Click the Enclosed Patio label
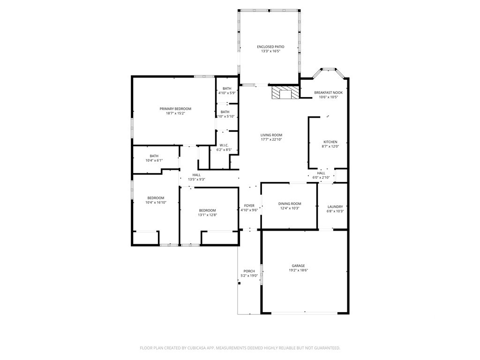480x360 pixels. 270,47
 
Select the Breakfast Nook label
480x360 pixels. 328,92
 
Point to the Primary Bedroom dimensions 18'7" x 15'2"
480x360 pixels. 175,113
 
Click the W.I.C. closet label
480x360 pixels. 224,145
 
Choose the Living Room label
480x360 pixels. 271,135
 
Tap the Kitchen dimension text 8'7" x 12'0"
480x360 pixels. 330,146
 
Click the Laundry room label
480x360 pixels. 335,207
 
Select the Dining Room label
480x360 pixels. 290,203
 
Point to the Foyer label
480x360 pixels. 249,206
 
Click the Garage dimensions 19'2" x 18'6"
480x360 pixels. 298,270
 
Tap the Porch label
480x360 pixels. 249,271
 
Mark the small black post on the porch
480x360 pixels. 240,283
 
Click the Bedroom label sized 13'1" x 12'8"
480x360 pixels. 207,210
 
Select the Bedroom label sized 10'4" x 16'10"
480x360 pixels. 156,198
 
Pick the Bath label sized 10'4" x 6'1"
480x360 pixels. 154,156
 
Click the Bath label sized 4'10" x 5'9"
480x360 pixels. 227,89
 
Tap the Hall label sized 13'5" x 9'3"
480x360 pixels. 196,175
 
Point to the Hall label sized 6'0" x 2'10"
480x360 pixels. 321,173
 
